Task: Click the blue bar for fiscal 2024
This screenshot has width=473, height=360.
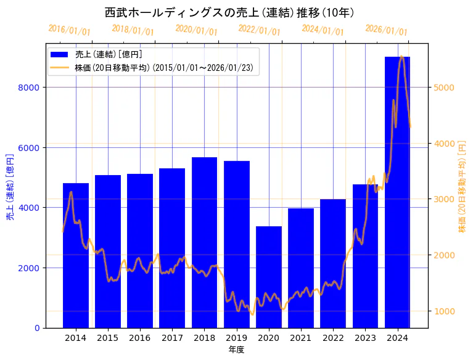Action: [397, 192]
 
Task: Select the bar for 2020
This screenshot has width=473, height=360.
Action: [268, 277]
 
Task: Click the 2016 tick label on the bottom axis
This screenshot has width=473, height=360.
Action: [140, 338]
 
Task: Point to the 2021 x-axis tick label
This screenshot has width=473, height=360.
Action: [301, 338]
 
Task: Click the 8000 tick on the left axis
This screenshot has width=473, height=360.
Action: [30, 88]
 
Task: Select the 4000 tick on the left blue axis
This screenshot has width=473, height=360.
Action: [30, 208]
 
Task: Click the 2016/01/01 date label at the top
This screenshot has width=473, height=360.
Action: [69, 30]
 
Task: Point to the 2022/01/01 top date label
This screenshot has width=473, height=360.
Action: [259, 30]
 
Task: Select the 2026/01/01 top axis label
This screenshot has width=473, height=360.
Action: [386, 30]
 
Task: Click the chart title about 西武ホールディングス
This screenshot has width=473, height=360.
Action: [229, 13]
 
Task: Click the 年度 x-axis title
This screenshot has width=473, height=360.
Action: [236, 350]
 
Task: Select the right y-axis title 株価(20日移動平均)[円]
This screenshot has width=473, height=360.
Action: [462, 185]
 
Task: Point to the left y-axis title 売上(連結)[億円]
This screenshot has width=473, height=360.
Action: [9, 185]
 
